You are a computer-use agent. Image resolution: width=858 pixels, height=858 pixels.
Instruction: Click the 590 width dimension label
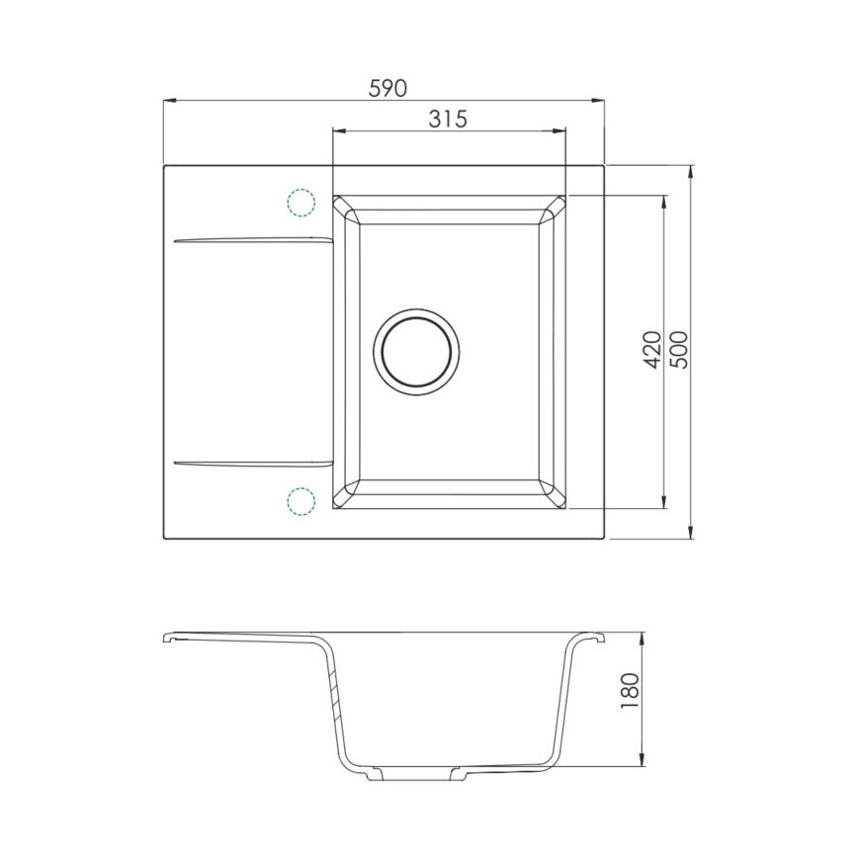click(x=387, y=88)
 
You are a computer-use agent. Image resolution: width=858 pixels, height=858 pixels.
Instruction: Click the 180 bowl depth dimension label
click(x=632, y=692)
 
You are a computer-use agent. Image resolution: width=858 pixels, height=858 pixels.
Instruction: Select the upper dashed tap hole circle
click(x=300, y=203)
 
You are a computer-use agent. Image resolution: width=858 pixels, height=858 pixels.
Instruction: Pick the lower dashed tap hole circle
click(x=300, y=499)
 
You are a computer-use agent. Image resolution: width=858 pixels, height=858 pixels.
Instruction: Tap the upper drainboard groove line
click(x=252, y=238)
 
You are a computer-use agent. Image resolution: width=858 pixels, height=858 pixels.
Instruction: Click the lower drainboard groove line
click(x=252, y=462)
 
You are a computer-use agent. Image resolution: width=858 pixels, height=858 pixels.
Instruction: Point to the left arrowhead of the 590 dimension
click(x=168, y=100)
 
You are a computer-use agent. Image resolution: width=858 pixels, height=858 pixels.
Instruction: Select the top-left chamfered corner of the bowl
click(x=346, y=208)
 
